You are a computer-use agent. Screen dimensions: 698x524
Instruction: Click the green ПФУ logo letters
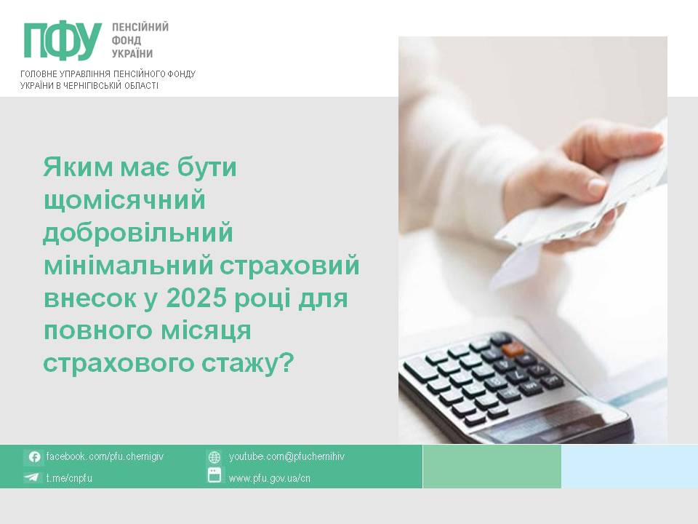pyautogui.click(x=63, y=40)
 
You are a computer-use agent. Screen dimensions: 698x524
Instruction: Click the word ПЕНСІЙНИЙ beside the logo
pyautogui.click(x=140, y=27)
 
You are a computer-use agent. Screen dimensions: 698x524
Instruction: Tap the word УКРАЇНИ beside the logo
pyautogui.click(x=132, y=53)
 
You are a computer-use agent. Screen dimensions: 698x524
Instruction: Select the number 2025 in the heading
pyautogui.click(x=196, y=298)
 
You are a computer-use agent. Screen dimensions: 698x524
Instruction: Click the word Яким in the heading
pyautogui.click(x=79, y=167)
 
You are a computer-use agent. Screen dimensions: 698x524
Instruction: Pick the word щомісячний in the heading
pyautogui.click(x=124, y=201)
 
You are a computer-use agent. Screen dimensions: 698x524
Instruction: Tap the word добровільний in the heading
pyautogui.click(x=138, y=232)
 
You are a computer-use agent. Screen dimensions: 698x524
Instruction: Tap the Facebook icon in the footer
pyautogui.click(x=34, y=457)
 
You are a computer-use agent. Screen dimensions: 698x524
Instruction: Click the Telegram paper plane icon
pyautogui.click(x=31, y=477)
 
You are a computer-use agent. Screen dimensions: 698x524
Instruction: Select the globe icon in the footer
pyautogui.click(x=214, y=457)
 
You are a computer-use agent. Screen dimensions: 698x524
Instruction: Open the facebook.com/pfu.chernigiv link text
pyautogui.click(x=105, y=456)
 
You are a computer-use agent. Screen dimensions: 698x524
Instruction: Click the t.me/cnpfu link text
pyautogui.click(x=69, y=477)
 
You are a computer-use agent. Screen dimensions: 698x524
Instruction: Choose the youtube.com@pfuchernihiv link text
pyautogui.click(x=286, y=456)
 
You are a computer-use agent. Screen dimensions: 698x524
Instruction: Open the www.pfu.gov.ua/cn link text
pyautogui.click(x=269, y=478)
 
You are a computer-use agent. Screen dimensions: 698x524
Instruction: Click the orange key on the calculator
pyautogui.click(x=513, y=349)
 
